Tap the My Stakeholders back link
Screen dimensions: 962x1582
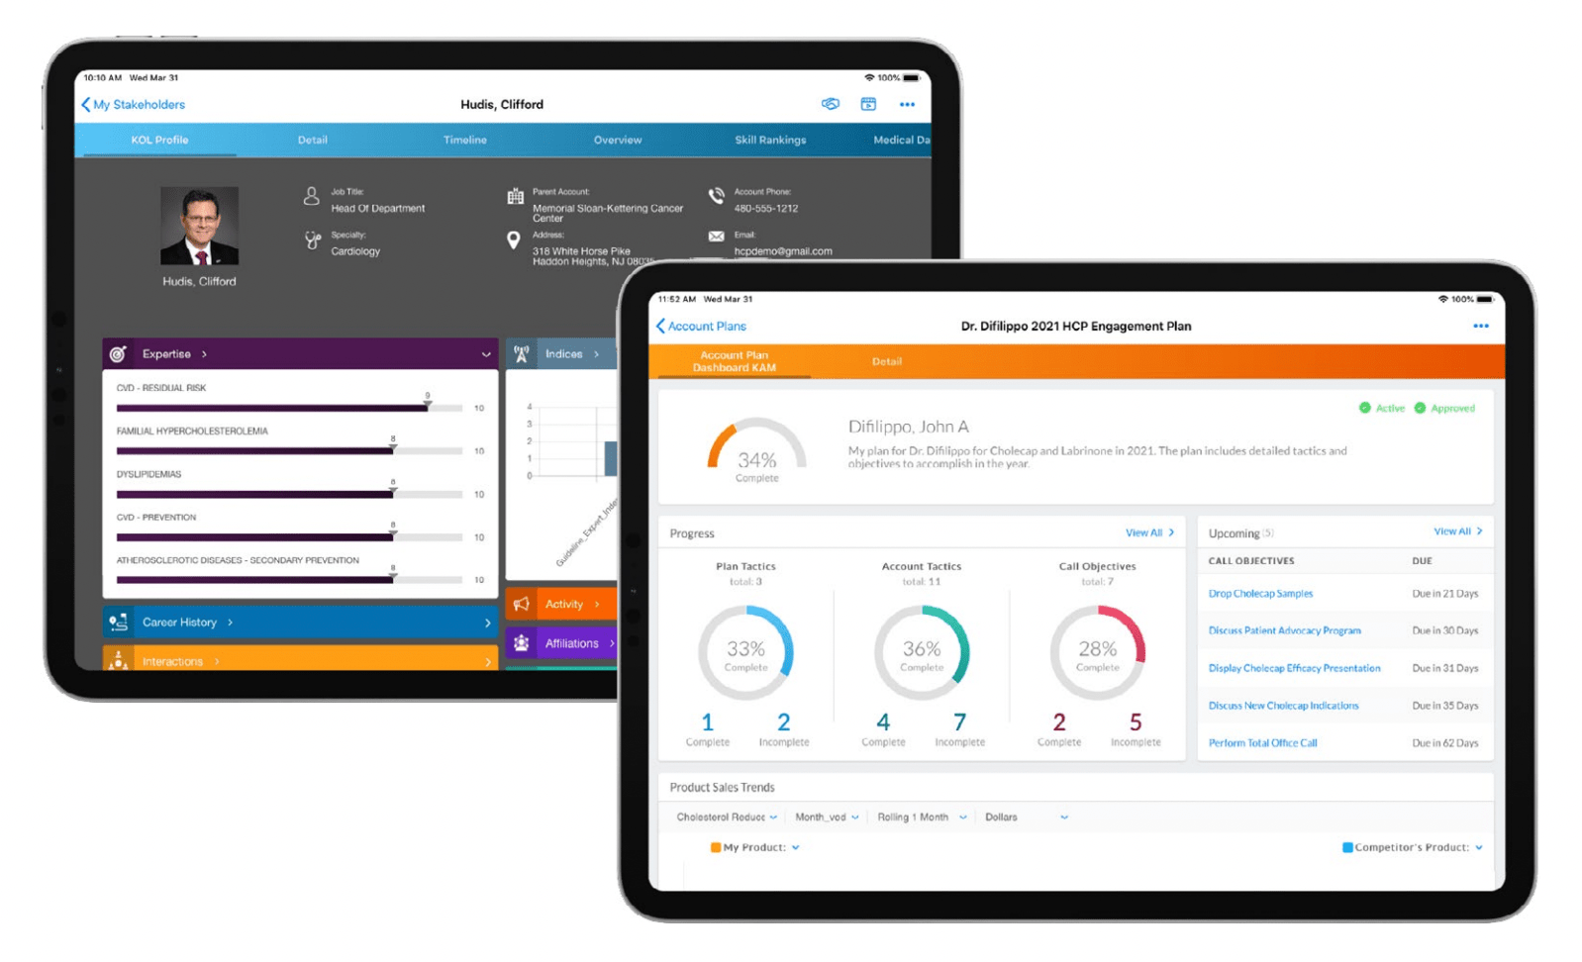[134, 105]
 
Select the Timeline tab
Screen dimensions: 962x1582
[464, 141]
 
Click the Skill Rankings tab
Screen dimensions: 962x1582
[769, 141]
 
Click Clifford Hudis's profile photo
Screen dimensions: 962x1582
[199, 226]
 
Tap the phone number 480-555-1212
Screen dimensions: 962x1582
[765, 209]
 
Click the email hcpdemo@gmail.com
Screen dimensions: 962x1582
[782, 251]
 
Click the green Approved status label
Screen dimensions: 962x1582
[1451, 409]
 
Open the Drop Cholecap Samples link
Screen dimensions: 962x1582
[1260, 594]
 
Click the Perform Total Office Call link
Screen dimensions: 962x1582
[1262, 743]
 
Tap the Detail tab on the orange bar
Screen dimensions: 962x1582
[886, 362]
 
